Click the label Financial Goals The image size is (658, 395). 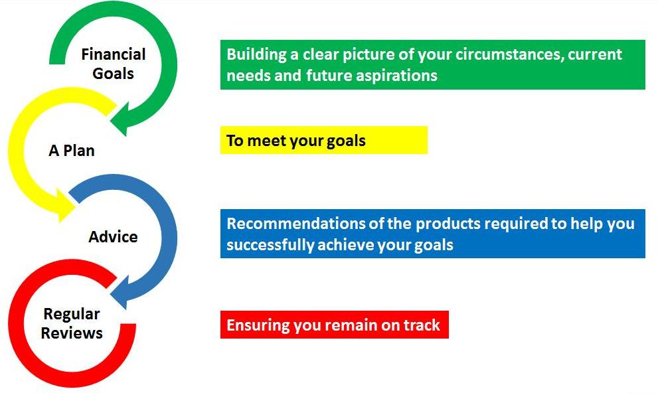point(114,64)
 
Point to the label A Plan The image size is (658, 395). point(72,150)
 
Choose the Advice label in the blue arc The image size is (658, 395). point(113,237)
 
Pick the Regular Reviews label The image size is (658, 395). point(72,323)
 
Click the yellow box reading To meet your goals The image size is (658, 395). point(324,140)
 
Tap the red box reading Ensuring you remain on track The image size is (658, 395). point(335,325)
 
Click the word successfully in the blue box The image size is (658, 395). point(270,245)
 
